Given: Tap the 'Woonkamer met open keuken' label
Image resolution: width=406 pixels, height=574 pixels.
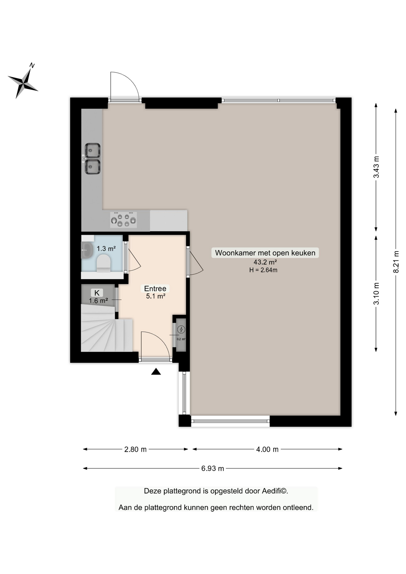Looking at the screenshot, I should (265, 253).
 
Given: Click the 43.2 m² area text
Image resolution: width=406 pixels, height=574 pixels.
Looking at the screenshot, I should (265, 262).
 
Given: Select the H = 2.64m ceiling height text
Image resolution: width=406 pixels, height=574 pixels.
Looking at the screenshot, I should (263, 270).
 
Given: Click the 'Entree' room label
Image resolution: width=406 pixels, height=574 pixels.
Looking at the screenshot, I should (155, 288).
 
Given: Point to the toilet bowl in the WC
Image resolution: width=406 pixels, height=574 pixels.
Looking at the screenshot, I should (103, 263).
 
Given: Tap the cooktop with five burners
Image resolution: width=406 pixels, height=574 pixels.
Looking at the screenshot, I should (123, 220).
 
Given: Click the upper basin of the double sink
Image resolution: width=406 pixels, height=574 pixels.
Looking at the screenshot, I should (92, 150).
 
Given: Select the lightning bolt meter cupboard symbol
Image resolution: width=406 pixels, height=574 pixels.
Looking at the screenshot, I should (181, 329).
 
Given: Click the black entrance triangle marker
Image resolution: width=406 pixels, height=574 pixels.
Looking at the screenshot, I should (156, 372).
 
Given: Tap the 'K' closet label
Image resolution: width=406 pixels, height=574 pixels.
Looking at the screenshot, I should (97, 293).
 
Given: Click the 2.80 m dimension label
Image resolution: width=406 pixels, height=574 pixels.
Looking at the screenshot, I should (135, 449).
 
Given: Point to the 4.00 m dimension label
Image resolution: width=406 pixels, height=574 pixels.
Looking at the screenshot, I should (267, 449).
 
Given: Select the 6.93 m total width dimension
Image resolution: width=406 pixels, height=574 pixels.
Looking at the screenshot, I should (213, 468).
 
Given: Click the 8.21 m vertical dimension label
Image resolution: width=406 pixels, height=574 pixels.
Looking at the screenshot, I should (396, 262).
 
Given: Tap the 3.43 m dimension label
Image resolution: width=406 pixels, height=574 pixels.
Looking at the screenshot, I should (376, 167).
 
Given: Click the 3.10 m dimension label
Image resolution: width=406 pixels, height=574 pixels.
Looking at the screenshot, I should (376, 294).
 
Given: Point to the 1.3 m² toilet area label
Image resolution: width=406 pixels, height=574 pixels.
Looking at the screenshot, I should (106, 248).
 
